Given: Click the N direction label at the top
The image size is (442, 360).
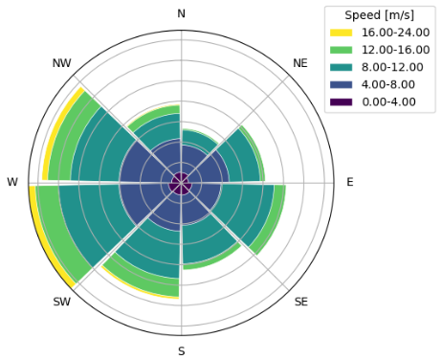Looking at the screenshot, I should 181,12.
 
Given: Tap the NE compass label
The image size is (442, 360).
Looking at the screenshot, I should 300,62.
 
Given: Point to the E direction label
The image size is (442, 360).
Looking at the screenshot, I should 350,182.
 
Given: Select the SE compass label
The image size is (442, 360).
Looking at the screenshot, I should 300,303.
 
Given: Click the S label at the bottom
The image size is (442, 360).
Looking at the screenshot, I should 181,351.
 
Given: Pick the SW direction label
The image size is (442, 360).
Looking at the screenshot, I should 61,303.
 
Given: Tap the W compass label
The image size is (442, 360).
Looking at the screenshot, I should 11,182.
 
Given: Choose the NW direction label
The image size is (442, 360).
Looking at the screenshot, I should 61,62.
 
